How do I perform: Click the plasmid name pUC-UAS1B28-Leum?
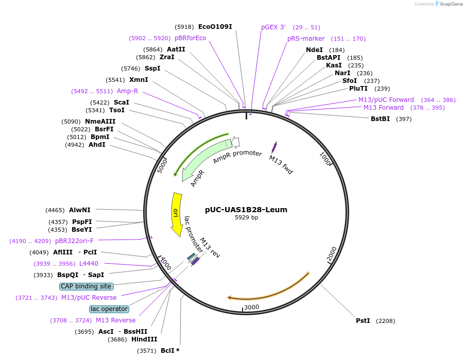(246, 210)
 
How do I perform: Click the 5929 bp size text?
(246, 218)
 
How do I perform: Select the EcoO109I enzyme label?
(215, 26)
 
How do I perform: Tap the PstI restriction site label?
(363, 320)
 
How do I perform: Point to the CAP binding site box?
(86, 286)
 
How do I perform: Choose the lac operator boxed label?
(109, 309)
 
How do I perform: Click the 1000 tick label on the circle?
(325, 157)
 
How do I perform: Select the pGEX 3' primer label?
(273, 27)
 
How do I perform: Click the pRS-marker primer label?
(306, 39)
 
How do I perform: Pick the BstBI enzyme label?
(380, 119)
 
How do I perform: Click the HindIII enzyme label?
(144, 339)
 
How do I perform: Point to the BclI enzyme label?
(167, 351)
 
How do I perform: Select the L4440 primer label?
(89, 264)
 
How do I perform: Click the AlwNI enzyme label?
(79, 210)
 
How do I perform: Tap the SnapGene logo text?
(451, 4)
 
